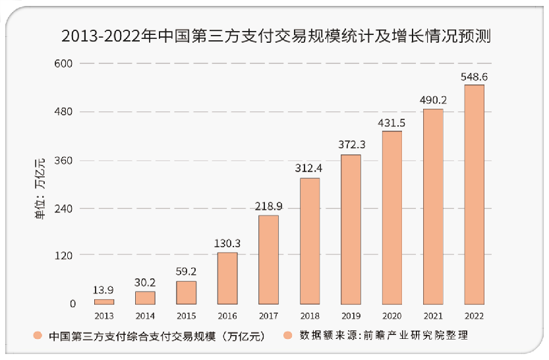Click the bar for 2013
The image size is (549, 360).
point(104,301)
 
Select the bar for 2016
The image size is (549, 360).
point(227,278)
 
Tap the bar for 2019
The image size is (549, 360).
point(351,229)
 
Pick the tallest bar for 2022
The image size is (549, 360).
point(474,194)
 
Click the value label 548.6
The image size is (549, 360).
point(474,77)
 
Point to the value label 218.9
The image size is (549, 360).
point(268,206)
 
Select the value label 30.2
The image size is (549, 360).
point(145,282)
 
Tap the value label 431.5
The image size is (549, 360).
point(391,123)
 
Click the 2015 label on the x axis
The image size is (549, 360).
point(186,315)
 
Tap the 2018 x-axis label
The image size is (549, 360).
point(309,315)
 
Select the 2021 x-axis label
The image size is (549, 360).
point(432,315)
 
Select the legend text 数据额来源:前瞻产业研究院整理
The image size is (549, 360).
point(384,336)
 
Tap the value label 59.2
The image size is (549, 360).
point(186,271)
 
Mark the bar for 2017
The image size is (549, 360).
point(268,259)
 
